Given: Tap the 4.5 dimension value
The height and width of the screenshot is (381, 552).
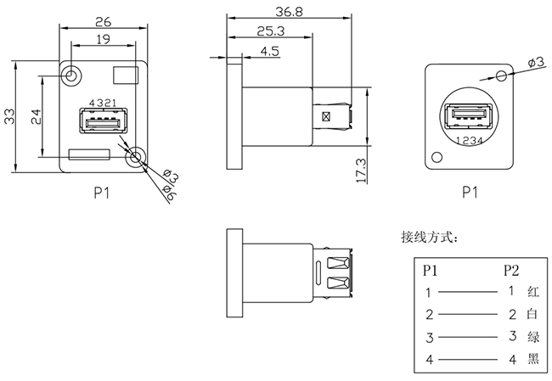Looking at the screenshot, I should pyautogui.click(x=270, y=51).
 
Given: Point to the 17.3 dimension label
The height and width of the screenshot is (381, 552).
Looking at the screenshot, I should pyautogui.click(x=360, y=170).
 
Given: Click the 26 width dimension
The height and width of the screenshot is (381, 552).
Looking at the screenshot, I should pyautogui.click(x=103, y=20).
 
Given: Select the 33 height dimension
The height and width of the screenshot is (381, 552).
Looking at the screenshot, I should pyautogui.click(x=10, y=116).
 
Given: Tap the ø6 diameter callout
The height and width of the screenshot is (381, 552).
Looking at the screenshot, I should pyautogui.click(x=169, y=196).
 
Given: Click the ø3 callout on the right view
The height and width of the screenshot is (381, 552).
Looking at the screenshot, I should pyautogui.click(x=536, y=62).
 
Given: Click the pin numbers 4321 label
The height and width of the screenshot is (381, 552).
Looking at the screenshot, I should pyautogui.click(x=101, y=103).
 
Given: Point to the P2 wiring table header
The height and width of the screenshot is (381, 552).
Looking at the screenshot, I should pyautogui.click(x=510, y=271).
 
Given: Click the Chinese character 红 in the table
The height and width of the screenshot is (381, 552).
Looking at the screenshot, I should pyautogui.click(x=532, y=292).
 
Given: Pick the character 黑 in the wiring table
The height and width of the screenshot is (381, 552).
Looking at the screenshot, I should pyautogui.click(x=532, y=360).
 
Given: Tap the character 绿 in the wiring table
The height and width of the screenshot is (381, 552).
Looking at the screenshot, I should pyautogui.click(x=532, y=337).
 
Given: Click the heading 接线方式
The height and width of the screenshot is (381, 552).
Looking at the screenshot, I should pyautogui.click(x=430, y=238).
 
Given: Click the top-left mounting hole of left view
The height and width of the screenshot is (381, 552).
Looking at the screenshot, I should pyautogui.click(x=71, y=76).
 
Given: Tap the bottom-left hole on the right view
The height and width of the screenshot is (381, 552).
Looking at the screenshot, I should pyautogui.click(x=437, y=156).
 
